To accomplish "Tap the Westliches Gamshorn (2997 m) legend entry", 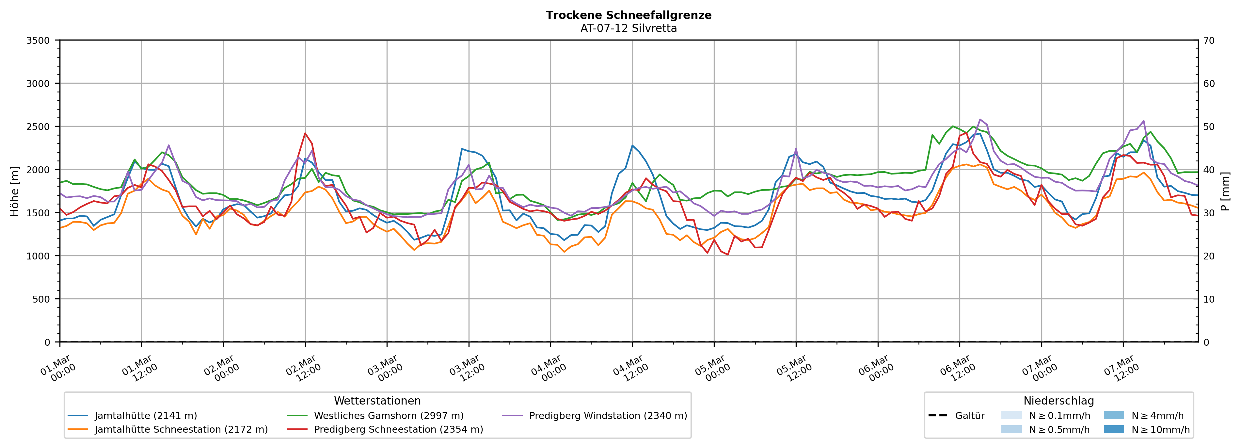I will [388, 416].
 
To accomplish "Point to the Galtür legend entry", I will [970, 416].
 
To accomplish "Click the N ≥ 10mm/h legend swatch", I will [1113, 429].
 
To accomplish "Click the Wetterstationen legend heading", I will [377, 401].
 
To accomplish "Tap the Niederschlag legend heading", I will [1058, 401].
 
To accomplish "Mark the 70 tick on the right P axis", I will [1209, 41].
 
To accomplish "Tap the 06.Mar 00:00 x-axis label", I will [876, 369].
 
